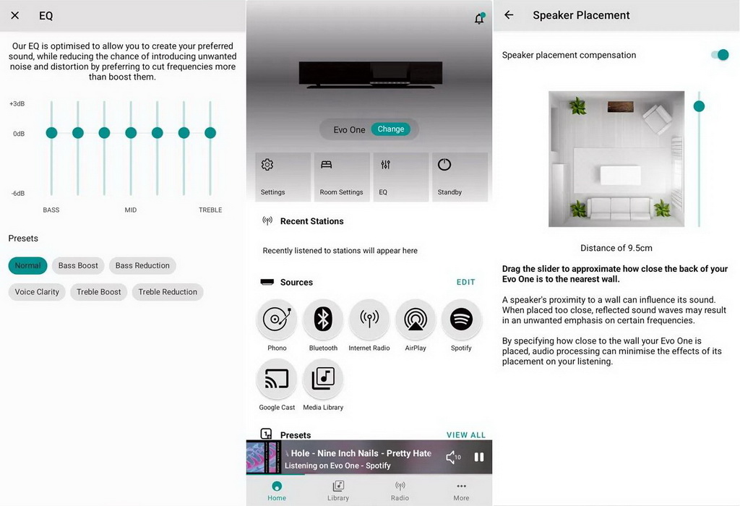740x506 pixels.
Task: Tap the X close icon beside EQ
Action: coord(15,15)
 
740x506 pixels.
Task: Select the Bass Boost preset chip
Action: coord(78,265)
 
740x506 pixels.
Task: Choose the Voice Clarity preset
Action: coord(37,292)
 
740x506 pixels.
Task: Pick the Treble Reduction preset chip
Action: coord(168,292)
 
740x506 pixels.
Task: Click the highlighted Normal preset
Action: coord(28,265)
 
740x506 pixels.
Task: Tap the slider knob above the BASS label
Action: coord(51,133)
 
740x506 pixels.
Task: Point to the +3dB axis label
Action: coord(17,104)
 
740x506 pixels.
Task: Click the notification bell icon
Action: coord(479,19)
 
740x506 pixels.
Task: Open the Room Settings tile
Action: coord(341,177)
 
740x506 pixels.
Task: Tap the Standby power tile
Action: coord(460,177)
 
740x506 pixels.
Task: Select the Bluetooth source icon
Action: coord(323,320)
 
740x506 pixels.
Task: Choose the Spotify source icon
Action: coord(461,320)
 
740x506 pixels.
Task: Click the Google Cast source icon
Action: coord(277,379)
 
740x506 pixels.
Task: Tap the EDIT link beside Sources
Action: coord(466,282)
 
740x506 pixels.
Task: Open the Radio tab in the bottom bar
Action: coord(400,490)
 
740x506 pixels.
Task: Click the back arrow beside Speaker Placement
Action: coord(509,15)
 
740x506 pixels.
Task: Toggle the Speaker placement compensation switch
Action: coord(719,55)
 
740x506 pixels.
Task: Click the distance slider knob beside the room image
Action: coord(699,106)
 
